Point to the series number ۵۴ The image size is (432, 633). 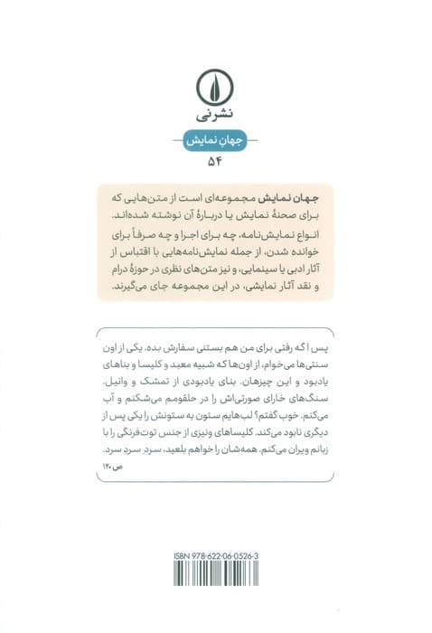(x=215, y=164)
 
